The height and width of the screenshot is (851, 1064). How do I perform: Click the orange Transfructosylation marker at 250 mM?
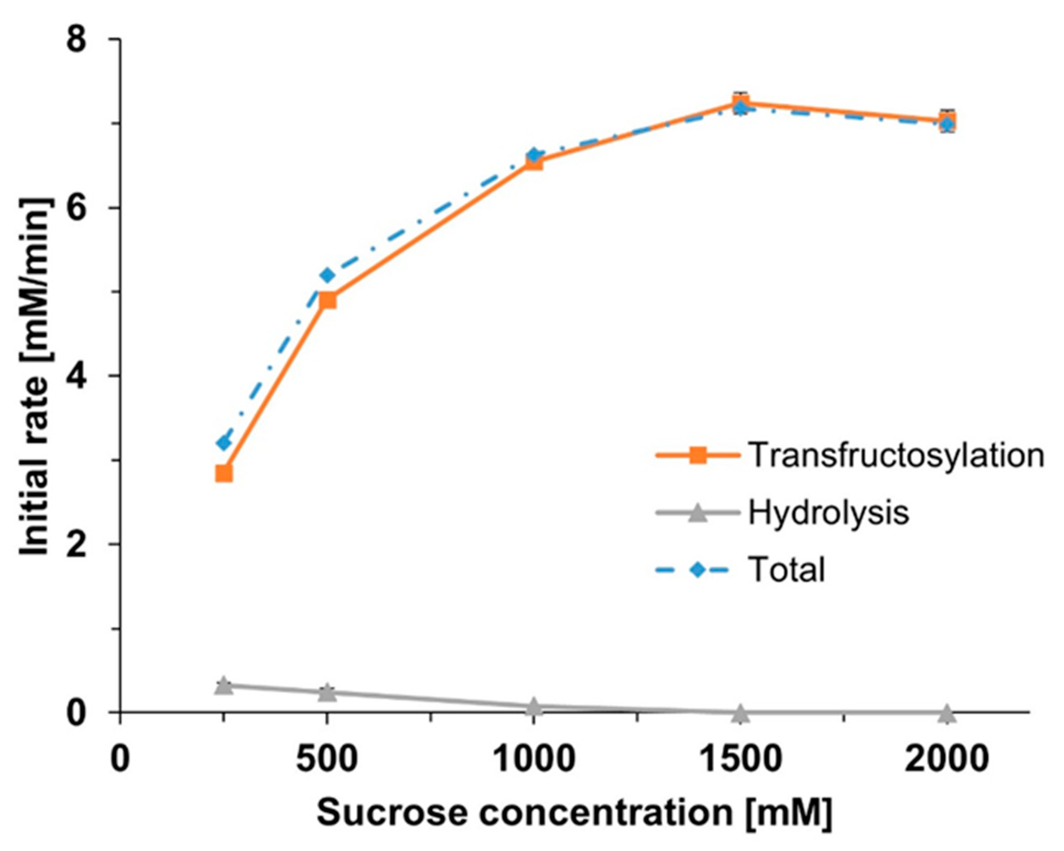click(224, 474)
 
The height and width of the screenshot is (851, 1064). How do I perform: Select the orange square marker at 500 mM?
click(327, 300)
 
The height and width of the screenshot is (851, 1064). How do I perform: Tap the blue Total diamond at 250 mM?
click(224, 442)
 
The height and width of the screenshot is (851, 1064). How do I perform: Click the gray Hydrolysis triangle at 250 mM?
click(224, 686)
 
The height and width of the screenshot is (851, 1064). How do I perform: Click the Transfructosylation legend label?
click(896, 455)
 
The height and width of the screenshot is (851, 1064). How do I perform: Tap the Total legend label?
click(787, 570)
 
